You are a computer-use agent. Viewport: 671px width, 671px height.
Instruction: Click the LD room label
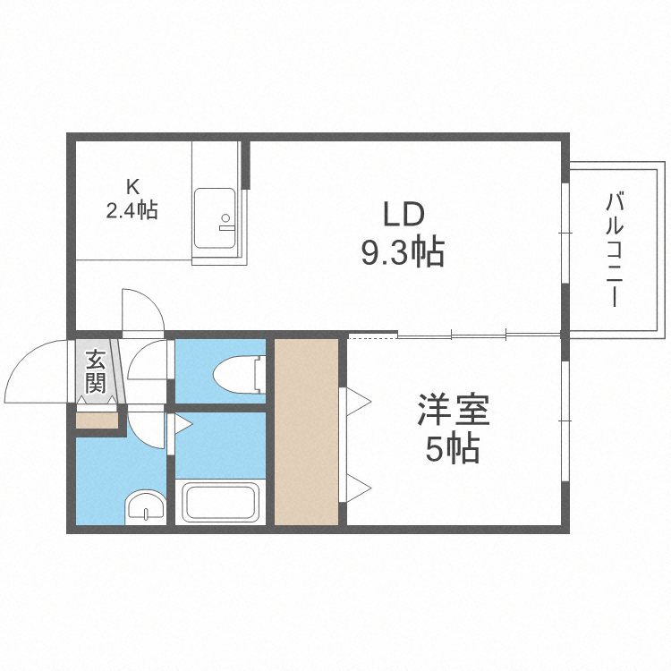403,216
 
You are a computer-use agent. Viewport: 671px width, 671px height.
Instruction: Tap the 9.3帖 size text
403,254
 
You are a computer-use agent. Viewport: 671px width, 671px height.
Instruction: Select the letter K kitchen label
132,187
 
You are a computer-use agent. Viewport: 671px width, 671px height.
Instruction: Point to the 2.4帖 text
132,211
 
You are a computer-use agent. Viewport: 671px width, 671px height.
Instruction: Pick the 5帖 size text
453,449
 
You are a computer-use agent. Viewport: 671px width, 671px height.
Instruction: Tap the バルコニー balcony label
615,250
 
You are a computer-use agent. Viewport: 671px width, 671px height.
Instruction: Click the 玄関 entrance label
95,372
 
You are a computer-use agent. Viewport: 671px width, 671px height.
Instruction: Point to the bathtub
221,502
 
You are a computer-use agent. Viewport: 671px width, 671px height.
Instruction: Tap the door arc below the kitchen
143,309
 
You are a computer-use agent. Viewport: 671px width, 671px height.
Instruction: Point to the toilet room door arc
148,362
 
